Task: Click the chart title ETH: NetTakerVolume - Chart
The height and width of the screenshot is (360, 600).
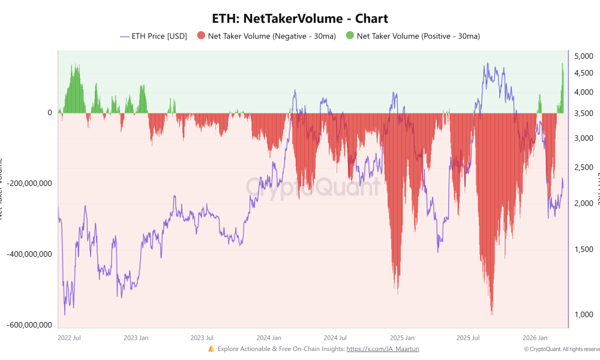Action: click(300, 19)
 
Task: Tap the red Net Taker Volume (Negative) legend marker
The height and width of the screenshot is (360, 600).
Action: click(201, 36)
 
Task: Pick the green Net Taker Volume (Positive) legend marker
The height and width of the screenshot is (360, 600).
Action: click(350, 36)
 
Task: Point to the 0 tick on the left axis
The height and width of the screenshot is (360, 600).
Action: click(50, 113)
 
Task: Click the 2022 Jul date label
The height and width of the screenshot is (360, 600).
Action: click(68, 338)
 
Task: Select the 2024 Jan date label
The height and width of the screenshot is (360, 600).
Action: click(268, 338)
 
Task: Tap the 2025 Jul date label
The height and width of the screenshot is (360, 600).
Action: click(468, 338)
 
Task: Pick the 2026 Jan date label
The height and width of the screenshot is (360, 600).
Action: click(535, 338)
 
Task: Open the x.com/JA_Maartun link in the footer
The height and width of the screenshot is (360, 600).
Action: click(383, 349)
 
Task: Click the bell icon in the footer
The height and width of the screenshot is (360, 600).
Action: click(211, 349)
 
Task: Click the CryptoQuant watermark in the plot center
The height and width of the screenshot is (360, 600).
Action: click(312, 187)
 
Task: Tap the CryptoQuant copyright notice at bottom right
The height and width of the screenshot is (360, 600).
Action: click(560, 349)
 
